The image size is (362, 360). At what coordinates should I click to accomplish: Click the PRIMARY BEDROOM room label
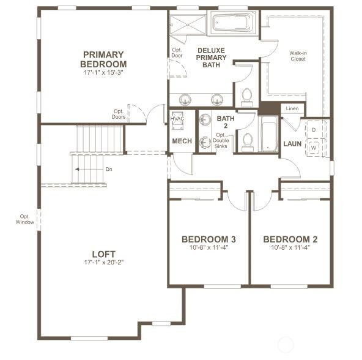tap(104, 59)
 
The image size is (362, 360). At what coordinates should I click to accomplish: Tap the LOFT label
tap(103, 254)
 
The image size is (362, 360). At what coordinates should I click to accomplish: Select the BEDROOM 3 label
tap(209, 239)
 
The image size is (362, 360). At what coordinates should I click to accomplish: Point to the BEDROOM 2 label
tap(290, 239)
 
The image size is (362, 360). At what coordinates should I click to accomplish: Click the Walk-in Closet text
tap(298, 56)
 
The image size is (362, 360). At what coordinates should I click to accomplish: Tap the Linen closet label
tap(292, 108)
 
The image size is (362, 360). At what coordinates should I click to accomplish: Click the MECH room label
tap(182, 141)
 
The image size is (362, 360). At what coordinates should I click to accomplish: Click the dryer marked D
tap(314, 130)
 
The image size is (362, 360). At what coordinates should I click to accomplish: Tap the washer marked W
tap(314, 148)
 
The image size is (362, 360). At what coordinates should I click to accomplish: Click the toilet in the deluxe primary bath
tap(246, 97)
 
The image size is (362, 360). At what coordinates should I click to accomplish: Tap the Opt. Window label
tap(25, 219)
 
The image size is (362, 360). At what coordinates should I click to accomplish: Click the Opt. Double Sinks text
tap(221, 141)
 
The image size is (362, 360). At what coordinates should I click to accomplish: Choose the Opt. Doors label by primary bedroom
tap(119, 114)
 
